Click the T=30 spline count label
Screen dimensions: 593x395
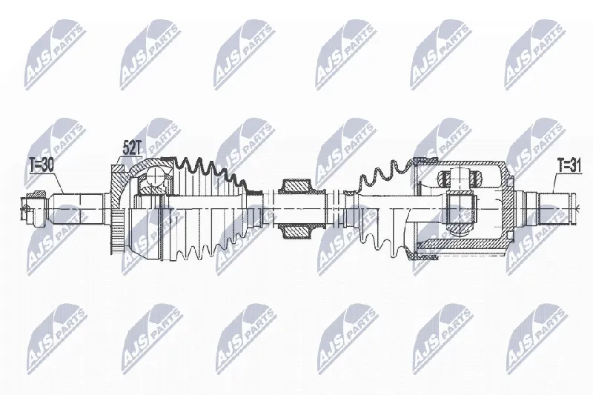click(x=42, y=165)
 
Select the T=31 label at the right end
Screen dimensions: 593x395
click(x=569, y=165)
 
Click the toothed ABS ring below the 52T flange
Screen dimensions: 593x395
click(x=117, y=233)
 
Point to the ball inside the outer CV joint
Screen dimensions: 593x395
click(x=155, y=176)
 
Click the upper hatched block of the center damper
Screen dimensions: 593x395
click(x=296, y=186)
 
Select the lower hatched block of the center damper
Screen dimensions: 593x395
click(x=296, y=230)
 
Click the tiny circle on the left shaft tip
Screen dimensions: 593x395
click(x=26, y=208)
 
